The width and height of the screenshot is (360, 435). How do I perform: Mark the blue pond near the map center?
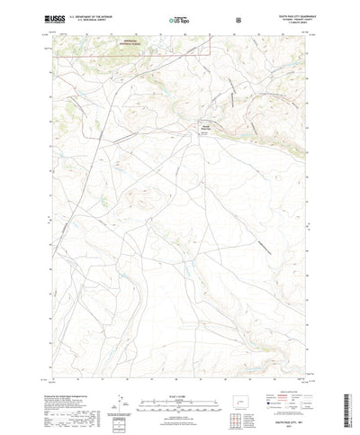(187, 269)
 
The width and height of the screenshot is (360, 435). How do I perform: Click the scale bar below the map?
(180, 379)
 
